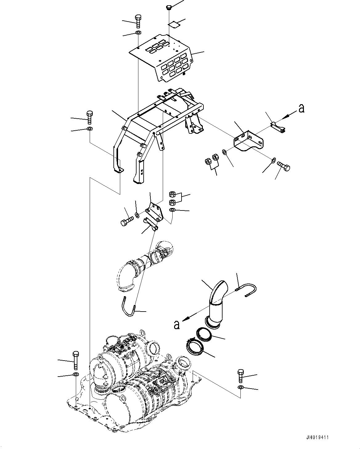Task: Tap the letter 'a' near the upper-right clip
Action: tap(301, 108)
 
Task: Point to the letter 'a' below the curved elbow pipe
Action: tap(177, 325)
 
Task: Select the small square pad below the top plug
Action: tap(174, 25)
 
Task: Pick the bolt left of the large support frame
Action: tap(90, 117)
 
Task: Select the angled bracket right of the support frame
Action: tap(248, 141)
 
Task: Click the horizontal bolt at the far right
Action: tap(284, 166)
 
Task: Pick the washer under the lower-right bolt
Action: tap(241, 387)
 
